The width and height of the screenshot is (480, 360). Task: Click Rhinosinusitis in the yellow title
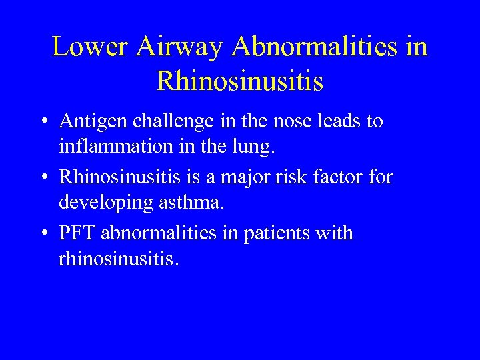(x=240, y=81)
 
